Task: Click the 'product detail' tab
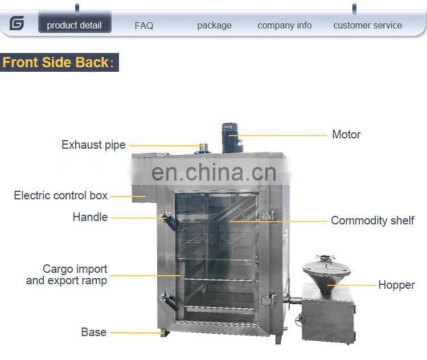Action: point(74,25)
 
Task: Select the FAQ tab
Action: point(144,26)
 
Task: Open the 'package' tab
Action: point(214,26)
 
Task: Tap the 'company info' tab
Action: point(285,26)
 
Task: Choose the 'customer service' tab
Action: point(367,26)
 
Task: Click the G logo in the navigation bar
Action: point(17,24)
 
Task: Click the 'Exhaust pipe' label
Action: point(93,145)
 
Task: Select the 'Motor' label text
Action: point(346,135)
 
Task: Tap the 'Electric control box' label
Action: point(60,195)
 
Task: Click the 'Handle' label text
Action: point(90,217)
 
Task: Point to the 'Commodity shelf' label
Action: point(372,220)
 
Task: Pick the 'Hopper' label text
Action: point(396,285)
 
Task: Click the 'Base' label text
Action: point(93,332)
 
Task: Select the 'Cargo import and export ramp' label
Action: point(67,275)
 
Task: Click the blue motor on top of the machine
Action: point(232,136)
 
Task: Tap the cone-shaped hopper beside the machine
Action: point(323,273)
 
